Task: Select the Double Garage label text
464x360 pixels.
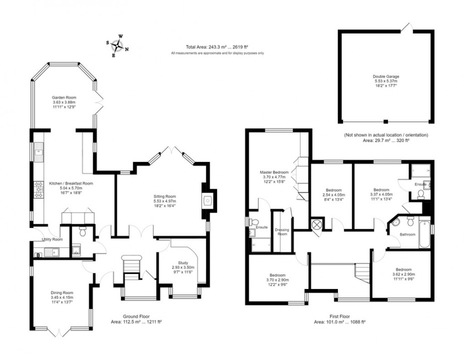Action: coord(386,76)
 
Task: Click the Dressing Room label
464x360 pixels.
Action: coord(282,232)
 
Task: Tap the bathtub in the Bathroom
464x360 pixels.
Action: coord(424,234)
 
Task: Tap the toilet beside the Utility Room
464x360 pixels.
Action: coord(83,232)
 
